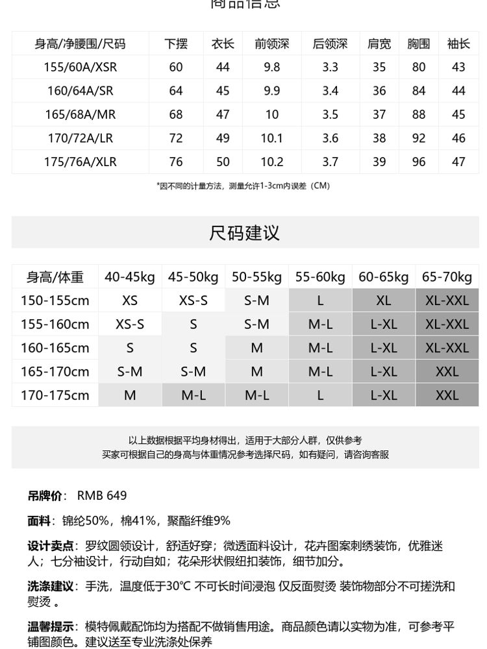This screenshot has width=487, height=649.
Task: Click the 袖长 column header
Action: point(458,43)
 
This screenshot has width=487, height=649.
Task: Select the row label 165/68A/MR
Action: point(81,114)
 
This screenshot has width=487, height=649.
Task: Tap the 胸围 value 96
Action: point(419,162)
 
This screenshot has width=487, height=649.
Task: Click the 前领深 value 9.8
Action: point(271,67)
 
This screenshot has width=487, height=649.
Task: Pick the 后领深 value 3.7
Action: point(330,162)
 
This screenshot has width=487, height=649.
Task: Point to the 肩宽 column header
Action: point(379,43)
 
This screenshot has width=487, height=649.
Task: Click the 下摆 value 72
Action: point(176,138)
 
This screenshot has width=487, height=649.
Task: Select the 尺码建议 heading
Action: point(244,232)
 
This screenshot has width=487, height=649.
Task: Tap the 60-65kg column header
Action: point(384,277)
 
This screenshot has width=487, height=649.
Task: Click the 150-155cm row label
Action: point(55,300)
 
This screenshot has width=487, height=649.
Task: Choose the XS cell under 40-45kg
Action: point(130,300)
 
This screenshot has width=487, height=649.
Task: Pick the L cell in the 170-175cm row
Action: point(320,395)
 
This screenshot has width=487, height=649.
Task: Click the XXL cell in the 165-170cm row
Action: point(447,371)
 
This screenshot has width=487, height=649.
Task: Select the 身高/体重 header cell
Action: point(55,277)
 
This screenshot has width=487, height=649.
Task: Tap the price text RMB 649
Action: point(102,495)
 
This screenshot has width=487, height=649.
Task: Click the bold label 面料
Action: point(38,520)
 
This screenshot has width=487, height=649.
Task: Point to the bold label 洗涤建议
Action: point(51,586)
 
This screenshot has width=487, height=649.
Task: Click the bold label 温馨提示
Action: point(51,626)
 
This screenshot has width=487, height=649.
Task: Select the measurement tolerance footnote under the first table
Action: point(243,186)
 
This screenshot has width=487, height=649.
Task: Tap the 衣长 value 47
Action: point(223,114)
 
